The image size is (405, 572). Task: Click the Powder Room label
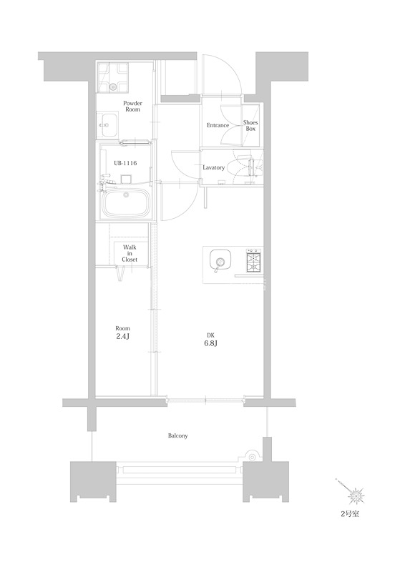click(132, 106)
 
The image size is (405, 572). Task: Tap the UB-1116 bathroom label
click(125, 163)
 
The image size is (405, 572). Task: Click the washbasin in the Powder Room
click(107, 124)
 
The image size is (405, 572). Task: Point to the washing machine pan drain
click(114, 87)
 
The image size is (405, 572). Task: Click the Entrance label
click(218, 125)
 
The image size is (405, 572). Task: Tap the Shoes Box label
click(250, 126)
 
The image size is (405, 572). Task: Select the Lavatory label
click(214, 167)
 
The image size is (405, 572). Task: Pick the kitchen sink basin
click(220, 260)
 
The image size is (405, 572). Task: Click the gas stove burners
click(253, 260)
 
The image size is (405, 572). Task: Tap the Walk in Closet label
click(130, 253)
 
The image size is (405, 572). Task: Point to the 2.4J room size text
click(122, 336)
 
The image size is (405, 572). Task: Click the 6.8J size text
click(210, 343)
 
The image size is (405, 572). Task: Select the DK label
click(210, 335)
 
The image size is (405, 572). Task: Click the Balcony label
click(178, 435)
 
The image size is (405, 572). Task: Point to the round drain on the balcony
click(252, 456)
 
